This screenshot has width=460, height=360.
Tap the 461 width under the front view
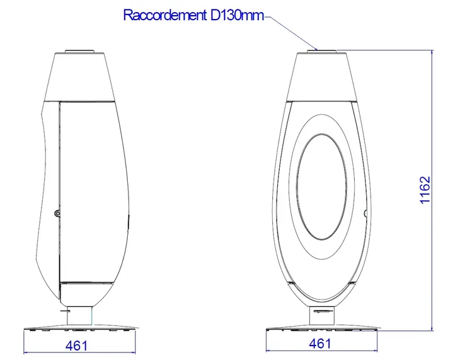(320, 344)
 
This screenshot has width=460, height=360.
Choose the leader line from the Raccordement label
(296, 32)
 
